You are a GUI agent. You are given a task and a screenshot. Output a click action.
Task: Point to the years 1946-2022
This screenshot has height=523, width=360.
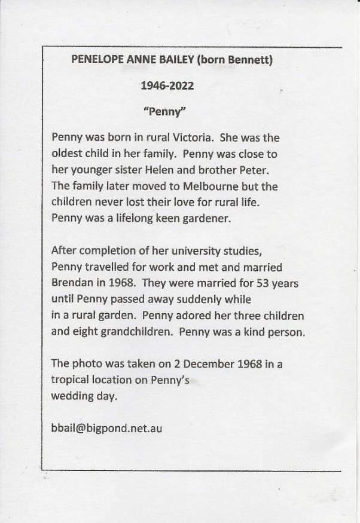coord(167,85)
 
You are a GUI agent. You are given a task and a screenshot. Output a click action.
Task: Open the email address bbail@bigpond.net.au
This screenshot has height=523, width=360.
coord(107,428)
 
